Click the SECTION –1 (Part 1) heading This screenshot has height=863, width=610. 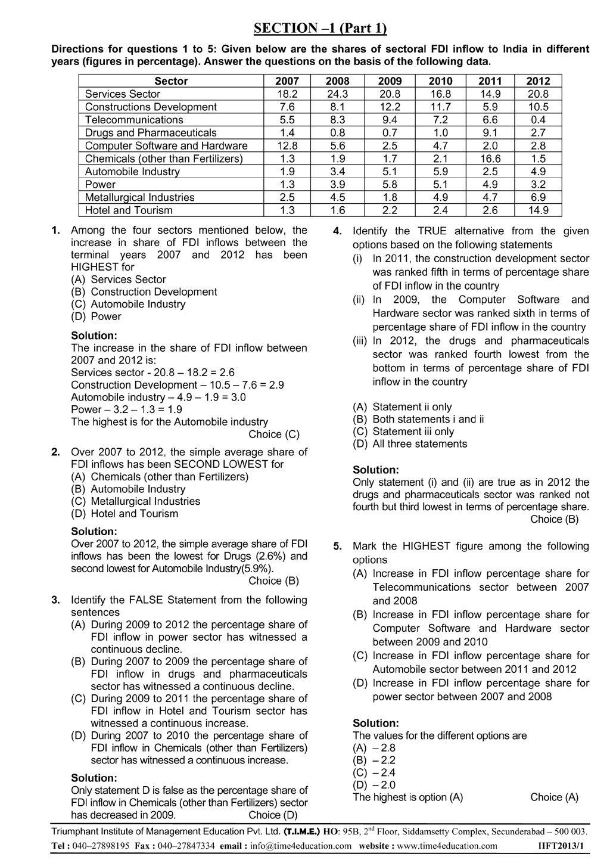[x=320, y=28]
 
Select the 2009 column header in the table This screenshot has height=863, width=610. [x=390, y=81]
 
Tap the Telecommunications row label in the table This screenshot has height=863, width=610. [x=134, y=120]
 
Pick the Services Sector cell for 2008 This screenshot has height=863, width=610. [x=338, y=94]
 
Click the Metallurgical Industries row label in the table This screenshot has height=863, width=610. [x=139, y=197]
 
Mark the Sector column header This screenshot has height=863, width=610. [x=171, y=81]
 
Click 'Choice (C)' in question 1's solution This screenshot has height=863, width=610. [x=274, y=434]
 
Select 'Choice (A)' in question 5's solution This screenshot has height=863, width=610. [x=554, y=797]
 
